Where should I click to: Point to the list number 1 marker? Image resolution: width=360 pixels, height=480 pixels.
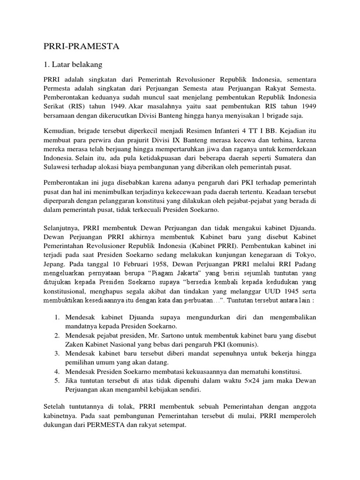(x=56, y=317)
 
